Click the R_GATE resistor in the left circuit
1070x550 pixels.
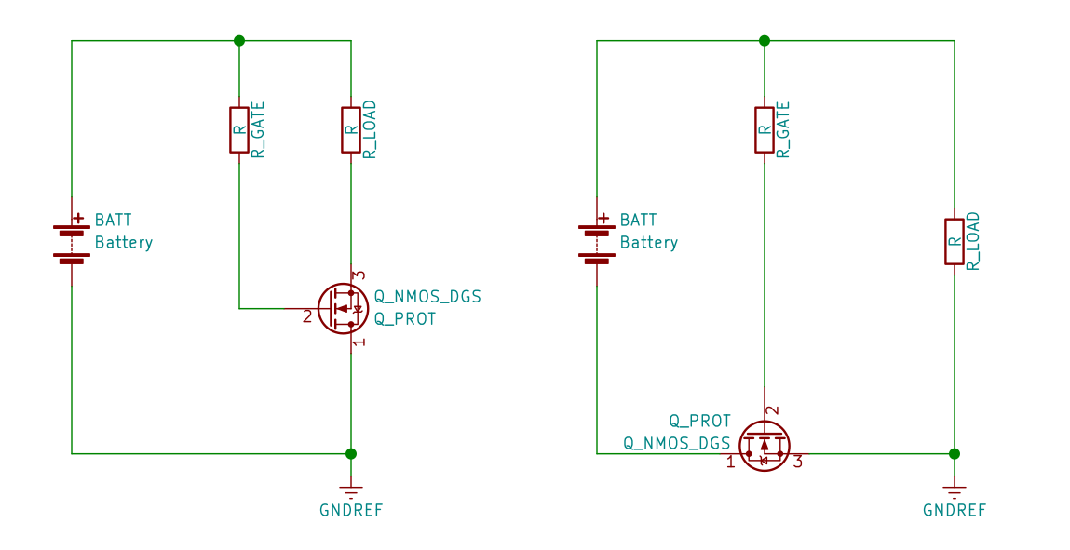coord(239,129)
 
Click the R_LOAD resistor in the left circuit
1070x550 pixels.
coord(351,129)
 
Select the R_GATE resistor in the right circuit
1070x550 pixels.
coord(765,129)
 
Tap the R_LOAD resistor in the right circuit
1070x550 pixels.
coord(955,241)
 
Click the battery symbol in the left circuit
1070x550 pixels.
coord(72,242)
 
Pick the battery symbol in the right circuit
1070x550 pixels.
coord(597,242)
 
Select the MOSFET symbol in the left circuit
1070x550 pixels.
coord(343,308)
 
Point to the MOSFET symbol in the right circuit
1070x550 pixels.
coord(764,446)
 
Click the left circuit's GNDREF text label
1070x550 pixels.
coord(351,510)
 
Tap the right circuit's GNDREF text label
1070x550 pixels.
coord(955,510)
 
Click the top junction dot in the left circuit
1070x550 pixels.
coord(239,40)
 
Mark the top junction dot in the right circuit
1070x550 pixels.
coord(765,40)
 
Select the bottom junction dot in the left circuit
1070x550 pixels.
coord(351,453)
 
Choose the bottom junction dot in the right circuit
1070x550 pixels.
coord(955,453)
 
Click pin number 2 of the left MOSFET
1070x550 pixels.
coord(307,317)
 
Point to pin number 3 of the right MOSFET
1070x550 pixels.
coord(798,461)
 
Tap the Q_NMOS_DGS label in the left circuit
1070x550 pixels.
coord(427,297)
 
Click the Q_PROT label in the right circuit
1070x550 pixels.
coord(700,422)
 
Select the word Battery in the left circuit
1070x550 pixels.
coord(124,243)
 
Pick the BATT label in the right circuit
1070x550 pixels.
coord(638,221)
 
